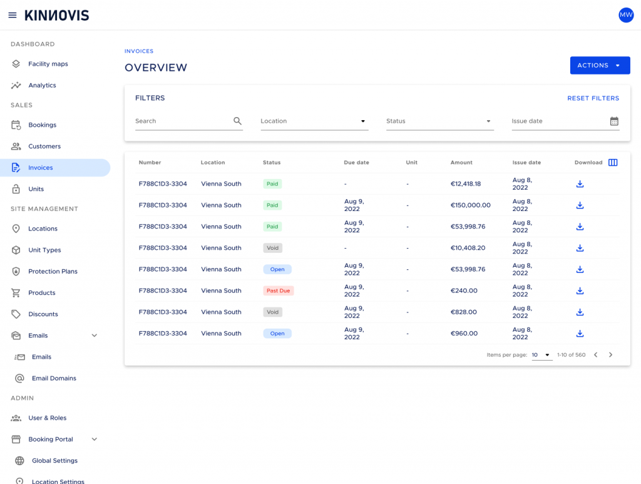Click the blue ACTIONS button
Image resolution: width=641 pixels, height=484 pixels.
[600, 65]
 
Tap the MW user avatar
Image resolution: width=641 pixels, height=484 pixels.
[626, 15]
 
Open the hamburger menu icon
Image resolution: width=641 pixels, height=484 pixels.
[13, 15]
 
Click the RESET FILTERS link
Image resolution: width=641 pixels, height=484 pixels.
[593, 98]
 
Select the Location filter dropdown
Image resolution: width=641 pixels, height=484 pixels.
[314, 121]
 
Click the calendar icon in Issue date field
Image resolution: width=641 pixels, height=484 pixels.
[614, 121]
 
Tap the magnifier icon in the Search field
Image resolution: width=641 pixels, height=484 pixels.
[237, 121]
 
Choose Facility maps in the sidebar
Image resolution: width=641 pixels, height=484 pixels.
[48, 64]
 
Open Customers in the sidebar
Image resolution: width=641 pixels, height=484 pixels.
[44, 147]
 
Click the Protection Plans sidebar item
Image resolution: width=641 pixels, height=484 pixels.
[53, 272]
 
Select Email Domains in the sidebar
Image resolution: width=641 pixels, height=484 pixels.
[54, 378]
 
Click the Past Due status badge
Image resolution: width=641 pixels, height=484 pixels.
[279, 291]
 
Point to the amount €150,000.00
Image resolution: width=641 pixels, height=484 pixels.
[471, 205]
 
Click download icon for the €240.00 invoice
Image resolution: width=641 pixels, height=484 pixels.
[580, 291]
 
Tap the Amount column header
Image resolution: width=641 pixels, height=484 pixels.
[461, 162]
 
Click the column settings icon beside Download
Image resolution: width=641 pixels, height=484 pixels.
[613, 162]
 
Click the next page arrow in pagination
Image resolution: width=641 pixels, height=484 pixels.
[610, 355]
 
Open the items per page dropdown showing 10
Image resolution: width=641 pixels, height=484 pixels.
[541, 355]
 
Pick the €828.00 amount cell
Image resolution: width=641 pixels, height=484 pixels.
[464, 312]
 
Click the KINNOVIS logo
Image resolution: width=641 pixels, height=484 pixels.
[57, 16]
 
